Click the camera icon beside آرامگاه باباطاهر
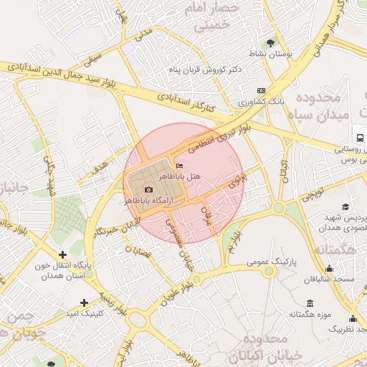(148, 189)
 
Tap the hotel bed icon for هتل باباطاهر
(178, 166)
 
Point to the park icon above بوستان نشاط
(270, 42)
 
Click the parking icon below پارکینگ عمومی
(269, 272)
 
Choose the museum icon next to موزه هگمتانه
(310, 303)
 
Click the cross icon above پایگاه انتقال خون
(63, 254)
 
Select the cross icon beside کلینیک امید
(85, 302)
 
